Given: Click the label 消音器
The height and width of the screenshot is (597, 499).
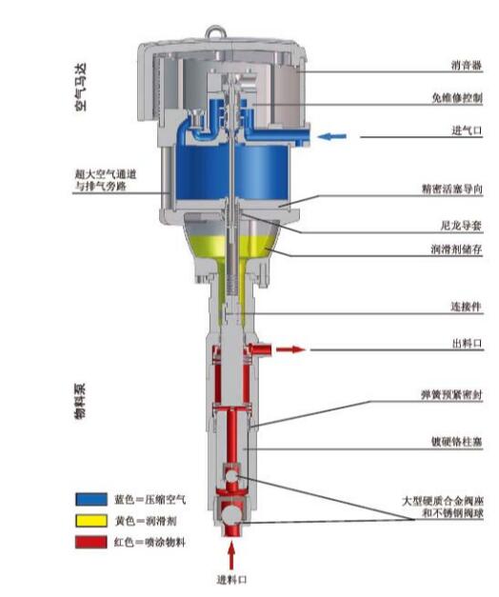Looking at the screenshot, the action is (x=467, y=66).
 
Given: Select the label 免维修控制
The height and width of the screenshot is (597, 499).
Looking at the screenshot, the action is (x=457, y=98).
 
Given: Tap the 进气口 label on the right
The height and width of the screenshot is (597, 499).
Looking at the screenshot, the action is (x=467, y=130).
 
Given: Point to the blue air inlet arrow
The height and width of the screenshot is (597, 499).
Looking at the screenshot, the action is (x=332, y=136).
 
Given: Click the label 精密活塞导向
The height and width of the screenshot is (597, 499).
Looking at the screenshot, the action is (x=452, y=189).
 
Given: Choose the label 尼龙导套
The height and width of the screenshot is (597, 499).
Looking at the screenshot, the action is (x=461, y=226).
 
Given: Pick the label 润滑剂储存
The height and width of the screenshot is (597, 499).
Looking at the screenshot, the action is (x=456, y=249).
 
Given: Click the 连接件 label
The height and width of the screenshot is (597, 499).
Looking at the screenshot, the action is (x=467, y=307).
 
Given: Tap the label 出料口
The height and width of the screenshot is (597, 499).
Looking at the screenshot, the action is (x=467, y=344).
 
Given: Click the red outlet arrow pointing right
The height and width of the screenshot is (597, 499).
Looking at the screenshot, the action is (x=290, y=349).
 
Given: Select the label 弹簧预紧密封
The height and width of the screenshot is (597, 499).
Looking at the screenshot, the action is (x=451, y=395).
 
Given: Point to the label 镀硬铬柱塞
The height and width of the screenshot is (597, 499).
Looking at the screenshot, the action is (x=456, y=442).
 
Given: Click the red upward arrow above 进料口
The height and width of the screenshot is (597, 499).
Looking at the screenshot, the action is (x=231, y=556).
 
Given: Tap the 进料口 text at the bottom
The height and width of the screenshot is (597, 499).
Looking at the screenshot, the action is (x=231, y=580).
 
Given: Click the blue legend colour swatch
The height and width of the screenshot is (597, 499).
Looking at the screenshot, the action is (x=91, y=499).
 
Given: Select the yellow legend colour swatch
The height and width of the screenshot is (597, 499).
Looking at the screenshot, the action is (x=91, y=521).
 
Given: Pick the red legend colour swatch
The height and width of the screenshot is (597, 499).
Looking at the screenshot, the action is (x=91, y=542).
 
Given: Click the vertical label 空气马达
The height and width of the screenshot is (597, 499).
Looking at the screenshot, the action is (x=81, y=88).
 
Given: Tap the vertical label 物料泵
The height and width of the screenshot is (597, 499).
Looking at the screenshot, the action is (x=80, y=401).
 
